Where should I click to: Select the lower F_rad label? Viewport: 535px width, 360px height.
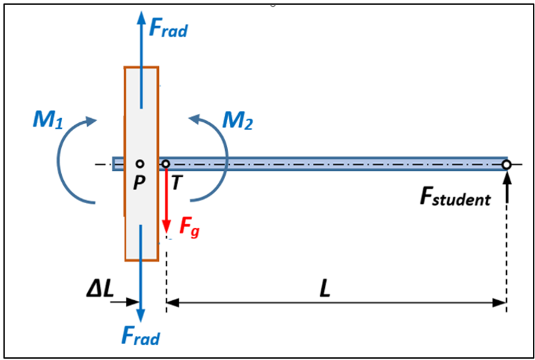pos(140,337)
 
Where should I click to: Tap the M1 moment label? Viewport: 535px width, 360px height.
pos(48,120)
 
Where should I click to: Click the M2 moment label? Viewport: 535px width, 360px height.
pos(238,120)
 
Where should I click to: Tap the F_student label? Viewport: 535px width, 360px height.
pos(455,198)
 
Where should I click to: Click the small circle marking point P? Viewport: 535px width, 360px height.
pos(140,164)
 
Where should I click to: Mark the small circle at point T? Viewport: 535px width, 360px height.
pos(166,164)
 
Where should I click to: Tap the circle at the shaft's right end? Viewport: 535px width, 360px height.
pos(506,165)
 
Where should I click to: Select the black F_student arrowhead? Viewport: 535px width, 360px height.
pos(507,176)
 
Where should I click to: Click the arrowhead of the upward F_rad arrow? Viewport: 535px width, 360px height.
pos(141,16)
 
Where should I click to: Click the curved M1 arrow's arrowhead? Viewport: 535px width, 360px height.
pos(90,121)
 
